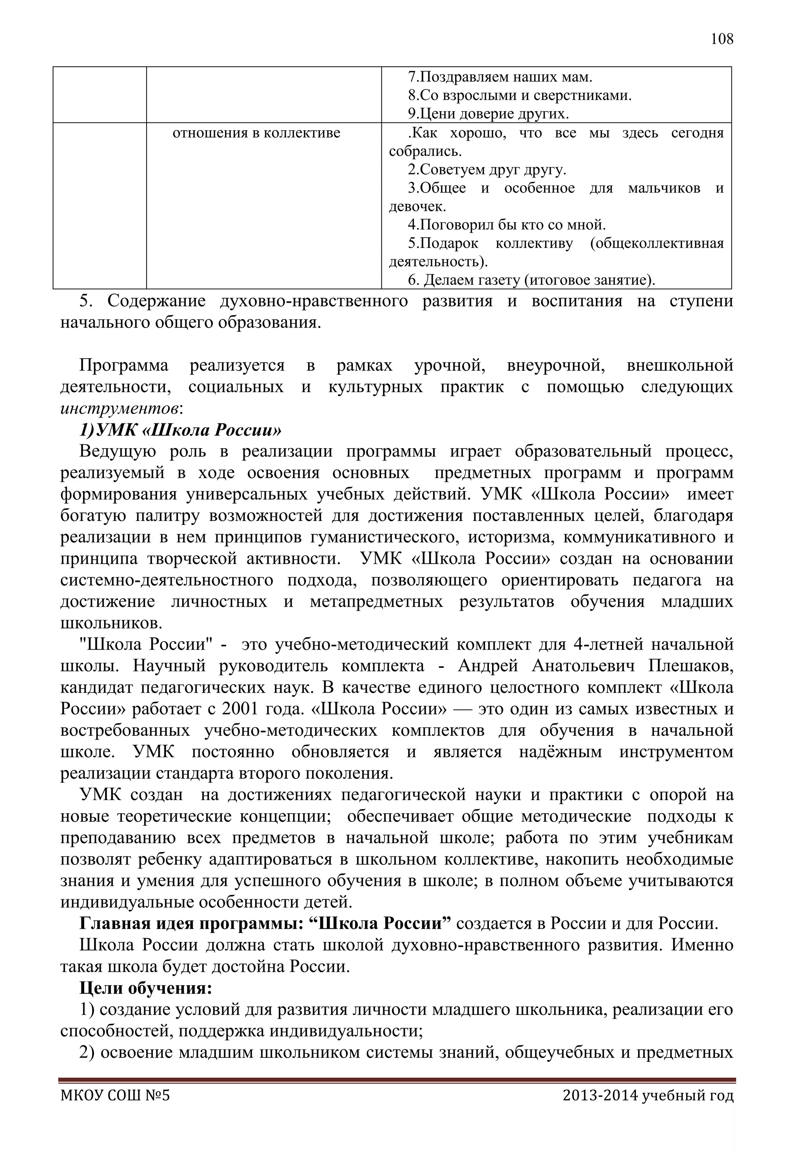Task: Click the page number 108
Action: [722, 39]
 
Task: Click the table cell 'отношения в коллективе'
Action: [256, 133]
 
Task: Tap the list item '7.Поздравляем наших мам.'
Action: [500, 77]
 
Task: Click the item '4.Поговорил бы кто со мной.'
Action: [507, 225]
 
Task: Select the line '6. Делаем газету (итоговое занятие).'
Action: [531, 281]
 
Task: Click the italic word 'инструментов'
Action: [119, 408]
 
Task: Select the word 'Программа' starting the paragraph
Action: [124, 366]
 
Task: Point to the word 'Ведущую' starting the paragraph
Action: [117, 451]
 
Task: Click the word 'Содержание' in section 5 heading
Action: [156, 302]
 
